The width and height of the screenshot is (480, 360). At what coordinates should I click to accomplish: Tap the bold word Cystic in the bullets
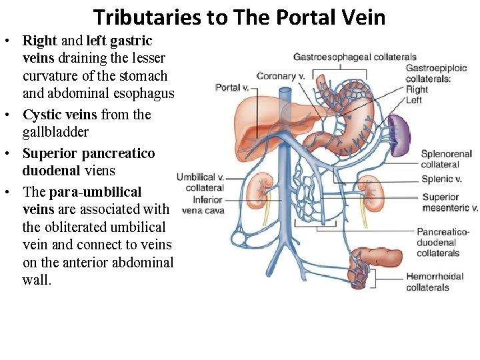42,115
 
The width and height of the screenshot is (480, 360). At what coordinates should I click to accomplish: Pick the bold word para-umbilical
95,192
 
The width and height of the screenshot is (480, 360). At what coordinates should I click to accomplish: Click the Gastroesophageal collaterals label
355,57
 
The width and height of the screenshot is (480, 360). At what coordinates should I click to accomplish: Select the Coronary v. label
281,76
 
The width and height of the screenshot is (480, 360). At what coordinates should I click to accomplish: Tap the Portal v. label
232,87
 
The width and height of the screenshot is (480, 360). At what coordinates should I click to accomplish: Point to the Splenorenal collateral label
446,159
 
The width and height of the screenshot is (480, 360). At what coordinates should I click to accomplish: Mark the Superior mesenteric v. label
450,202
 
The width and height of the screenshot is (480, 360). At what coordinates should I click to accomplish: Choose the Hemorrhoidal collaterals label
437,281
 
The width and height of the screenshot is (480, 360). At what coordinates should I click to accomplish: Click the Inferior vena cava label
203,205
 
